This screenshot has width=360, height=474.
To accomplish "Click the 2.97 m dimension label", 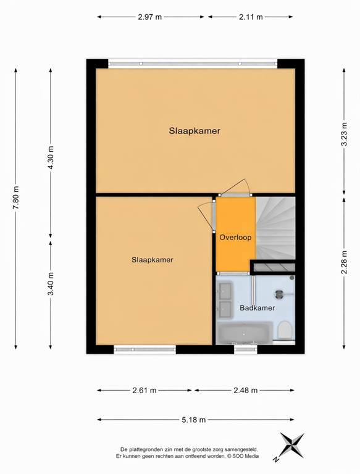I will pyautogui.click(x=150, y=17).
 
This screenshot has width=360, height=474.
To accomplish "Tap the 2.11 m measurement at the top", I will pyautogui.click(x=251, y=17).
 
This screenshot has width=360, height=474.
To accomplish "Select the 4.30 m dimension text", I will pyautogui.click(x=51, y=155).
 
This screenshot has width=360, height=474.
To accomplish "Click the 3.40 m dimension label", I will pyautogui.click(x=51, y=284).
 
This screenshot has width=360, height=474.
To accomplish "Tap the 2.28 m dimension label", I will pyautogui.click(x=345, y=261).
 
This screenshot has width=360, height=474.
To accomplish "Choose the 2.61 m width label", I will pyautogui.click(x=144, y=390).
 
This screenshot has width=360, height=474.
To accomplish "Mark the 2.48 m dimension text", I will pyautogui.click(x=245, y=390).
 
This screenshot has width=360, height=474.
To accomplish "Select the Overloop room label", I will pyautogui.click(x=235, y=236).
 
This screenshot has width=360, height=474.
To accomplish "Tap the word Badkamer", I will pyautogui.click(x=257, y=307).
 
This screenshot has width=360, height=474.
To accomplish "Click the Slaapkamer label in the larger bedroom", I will pyautogui.click(x=195, y=131).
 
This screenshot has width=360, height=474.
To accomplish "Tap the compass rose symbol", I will pyautogui.click(x=290, y=446).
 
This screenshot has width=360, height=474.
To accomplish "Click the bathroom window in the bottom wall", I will pyautogui.click(x=246, y=349).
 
